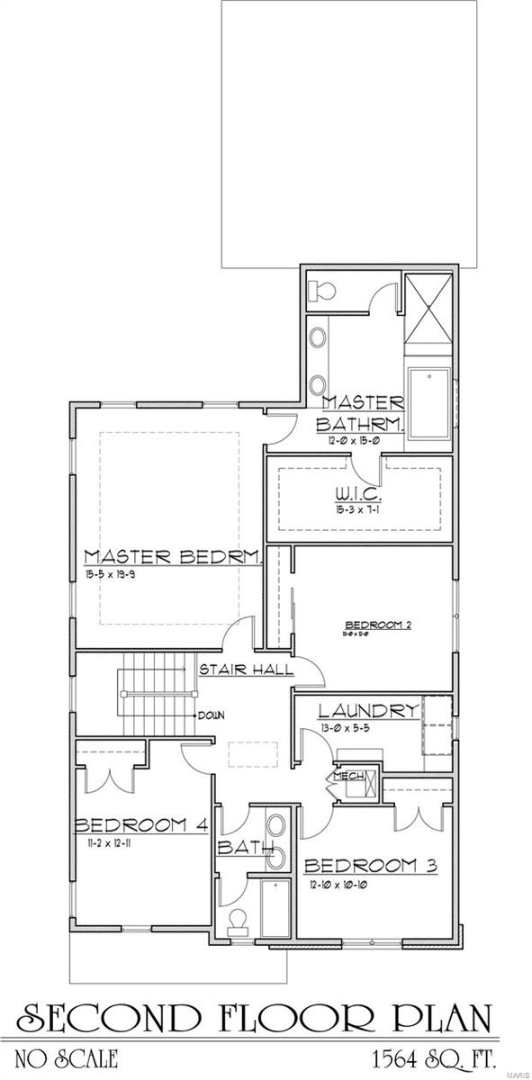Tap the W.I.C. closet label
[360, 496]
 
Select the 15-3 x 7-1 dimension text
[360, 509]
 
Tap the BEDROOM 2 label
[377, 625]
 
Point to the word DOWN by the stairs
[212, 715]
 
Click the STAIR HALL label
[233, 670]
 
